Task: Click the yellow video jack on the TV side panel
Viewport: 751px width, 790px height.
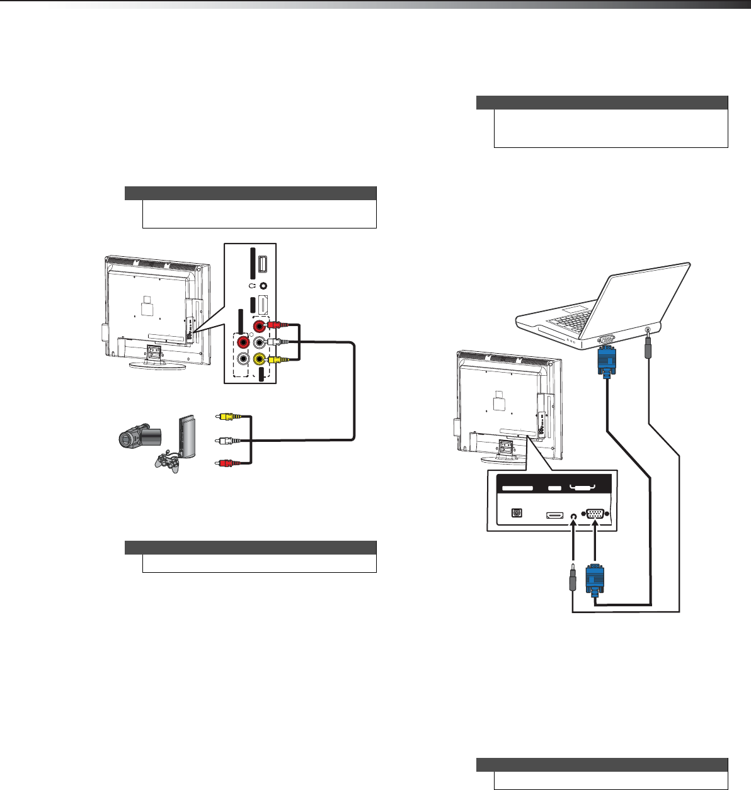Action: click(x=259, y=359)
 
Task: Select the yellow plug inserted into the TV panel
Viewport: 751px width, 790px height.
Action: click(x=275, y=360)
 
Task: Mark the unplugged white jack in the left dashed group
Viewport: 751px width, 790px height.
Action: click(x=243, y=360)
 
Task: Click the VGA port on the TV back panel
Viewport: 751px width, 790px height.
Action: click(x=595, y=514)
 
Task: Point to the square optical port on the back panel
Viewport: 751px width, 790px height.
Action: click(x=517, y=513)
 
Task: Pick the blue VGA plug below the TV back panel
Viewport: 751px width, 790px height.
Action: click(x=594, y=578)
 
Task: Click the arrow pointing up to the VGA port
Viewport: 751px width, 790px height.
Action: click(x=595, y=541)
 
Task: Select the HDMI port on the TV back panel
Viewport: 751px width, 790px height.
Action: click(x=554, y=515)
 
